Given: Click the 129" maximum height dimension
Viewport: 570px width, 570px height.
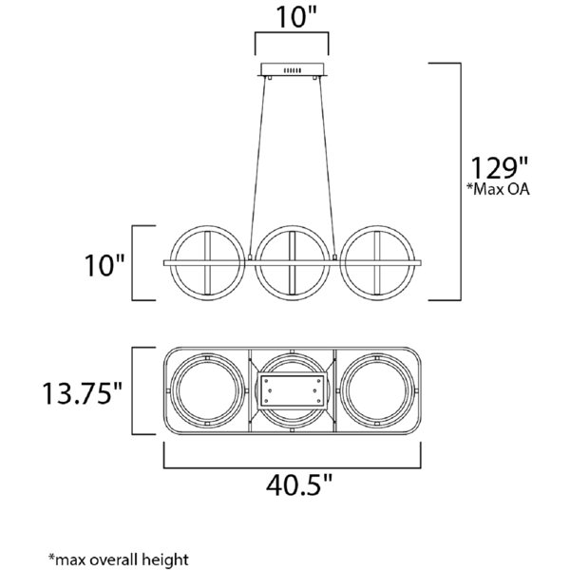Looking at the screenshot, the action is pos(499,169).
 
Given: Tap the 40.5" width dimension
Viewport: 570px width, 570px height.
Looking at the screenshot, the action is pos(299,485).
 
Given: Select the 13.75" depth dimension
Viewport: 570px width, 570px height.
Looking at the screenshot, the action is pos(83,393).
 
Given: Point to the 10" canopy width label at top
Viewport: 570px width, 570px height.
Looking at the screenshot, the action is pos(296,17).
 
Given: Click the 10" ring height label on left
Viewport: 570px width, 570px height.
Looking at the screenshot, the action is pos(104,265).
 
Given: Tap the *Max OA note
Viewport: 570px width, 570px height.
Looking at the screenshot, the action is pos(498,189).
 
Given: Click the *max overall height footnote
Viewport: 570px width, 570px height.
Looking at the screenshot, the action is pos(119,560).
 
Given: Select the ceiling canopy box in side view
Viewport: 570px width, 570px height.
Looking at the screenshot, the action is pos(293,69).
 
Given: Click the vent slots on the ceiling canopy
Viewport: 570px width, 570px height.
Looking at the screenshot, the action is pos(293,70).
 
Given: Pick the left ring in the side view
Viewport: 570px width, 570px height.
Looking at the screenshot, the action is pos(207,263).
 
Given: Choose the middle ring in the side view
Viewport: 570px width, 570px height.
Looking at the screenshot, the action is pos(293,263).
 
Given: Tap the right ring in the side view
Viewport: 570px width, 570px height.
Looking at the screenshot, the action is pos(377,263).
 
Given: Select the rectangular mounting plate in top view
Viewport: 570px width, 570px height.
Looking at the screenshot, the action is pos(293,390).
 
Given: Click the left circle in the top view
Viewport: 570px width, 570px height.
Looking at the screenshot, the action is pos(207,391).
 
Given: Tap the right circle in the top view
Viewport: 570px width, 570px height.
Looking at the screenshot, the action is pos(377,391).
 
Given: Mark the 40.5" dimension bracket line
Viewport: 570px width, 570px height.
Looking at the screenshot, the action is pos(293,467).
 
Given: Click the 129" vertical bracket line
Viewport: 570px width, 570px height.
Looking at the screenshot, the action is pos(461,181).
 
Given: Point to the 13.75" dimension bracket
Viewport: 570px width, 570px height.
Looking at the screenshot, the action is pos(132,390).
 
